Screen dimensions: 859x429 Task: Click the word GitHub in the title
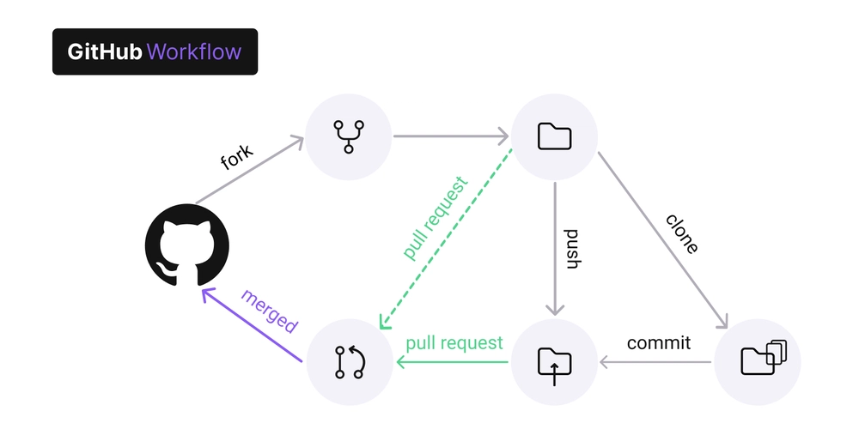(x=105, y=51)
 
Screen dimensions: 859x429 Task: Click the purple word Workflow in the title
(x=194, y=51)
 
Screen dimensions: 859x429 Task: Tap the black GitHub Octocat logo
(x=186, y=245)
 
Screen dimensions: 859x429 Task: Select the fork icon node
(x=349, y=136)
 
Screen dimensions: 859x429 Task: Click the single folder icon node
(x=554, y=136)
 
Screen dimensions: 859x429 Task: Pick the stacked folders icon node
(x=758, y=362)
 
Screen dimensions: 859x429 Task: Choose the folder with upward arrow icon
(x=554, y=362)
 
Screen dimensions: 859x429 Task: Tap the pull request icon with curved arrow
(x=350, y=362)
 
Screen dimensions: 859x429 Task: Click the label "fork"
(x=237, y=158)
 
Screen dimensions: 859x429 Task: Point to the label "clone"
(x=682, y=233)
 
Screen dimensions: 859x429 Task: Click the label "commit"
(x=659, y=343)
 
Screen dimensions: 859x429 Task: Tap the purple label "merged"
(x=270, y=311)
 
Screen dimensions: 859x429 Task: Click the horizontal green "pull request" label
(x=454, y=344)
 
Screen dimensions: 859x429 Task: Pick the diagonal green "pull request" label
(x=436, y=218)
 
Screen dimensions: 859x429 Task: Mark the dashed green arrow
(x=446, y=239)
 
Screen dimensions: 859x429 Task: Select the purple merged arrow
(x=252, y=325)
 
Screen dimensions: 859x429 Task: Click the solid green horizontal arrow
(x=453, y=362)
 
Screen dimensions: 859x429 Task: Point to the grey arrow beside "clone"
(x=663, y=239)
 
